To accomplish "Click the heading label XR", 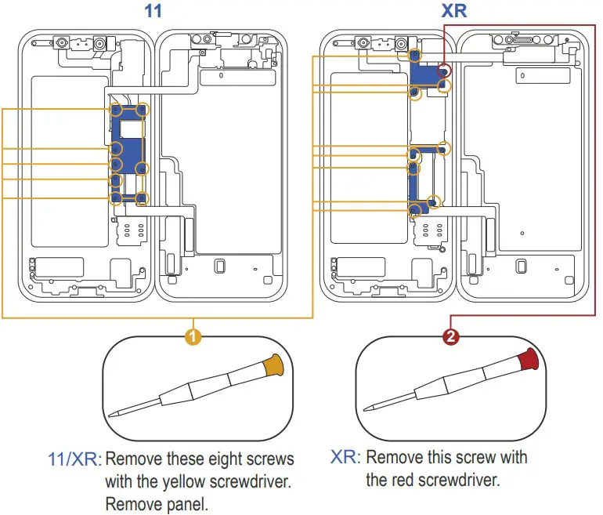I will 454,12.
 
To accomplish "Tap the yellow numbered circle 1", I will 193,337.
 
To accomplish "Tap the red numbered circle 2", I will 451,337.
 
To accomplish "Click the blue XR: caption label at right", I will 345,458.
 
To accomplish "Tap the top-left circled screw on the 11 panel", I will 117,109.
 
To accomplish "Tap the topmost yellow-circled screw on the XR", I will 415,56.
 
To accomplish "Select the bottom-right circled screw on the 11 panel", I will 142,199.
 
